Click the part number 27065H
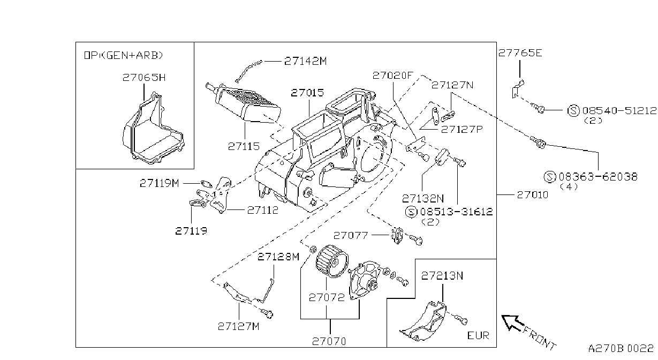coord(144,78)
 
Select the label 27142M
coord(306,61)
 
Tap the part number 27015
coord(307,93)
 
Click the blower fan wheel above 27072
coord(332,261)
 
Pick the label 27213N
coord(442,276)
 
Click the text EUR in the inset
coord(478,335)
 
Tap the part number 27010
coord(533,195)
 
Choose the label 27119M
coord(159,183)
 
